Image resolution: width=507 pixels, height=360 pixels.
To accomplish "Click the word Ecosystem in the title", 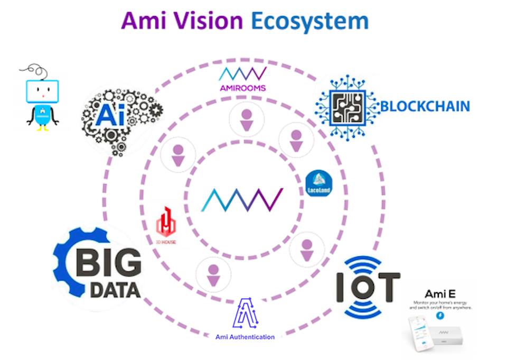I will (309, 21).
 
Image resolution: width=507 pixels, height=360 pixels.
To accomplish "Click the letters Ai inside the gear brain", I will (110, 115).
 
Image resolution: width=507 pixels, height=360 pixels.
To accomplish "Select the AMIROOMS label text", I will (242, 87).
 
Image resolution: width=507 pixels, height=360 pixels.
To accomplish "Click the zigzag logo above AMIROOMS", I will (242, 73).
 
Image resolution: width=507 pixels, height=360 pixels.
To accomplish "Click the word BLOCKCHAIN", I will (425, 106).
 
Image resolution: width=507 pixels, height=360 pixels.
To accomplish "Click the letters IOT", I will (368, 287).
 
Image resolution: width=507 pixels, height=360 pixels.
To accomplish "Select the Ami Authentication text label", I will (245, 337).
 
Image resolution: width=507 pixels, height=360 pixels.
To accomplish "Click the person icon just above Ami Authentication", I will (213, 274).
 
